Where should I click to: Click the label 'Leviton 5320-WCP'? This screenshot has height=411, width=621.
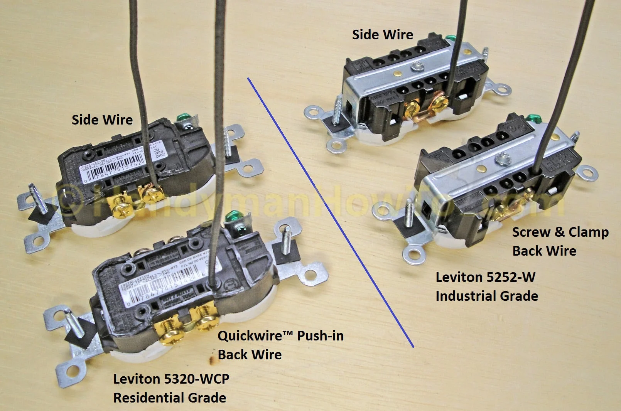pos(171,379)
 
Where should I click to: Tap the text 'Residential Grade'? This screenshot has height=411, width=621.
pos(170,398)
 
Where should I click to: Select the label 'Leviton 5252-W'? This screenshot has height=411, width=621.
pos(485,277)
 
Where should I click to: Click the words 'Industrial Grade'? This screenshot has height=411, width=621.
pos(487,296)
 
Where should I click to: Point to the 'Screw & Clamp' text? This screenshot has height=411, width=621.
pos(560,232)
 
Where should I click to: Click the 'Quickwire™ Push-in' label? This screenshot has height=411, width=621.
pos(280,336)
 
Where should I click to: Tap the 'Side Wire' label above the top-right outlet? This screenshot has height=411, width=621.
pos(382,35)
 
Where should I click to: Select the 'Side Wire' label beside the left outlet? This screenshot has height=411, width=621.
pos(102,120)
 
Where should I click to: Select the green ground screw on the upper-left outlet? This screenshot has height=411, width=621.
pos(180,116)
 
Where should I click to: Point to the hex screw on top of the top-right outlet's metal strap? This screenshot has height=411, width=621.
pos(416,67)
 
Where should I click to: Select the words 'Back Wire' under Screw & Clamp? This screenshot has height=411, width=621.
pos(544,251)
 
